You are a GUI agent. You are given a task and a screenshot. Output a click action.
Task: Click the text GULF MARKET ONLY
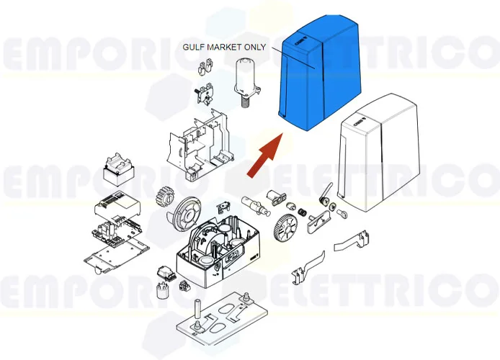pyautogui.click(x=224, y=48)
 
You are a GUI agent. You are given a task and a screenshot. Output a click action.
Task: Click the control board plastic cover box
pyautogui.click(x=115, y=208)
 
